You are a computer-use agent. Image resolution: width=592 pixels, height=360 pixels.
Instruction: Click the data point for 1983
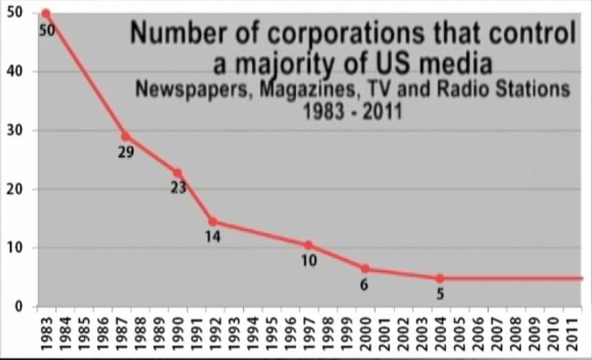coord(45,13)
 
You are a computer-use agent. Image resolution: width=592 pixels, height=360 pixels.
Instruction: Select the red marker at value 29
coord(125,136)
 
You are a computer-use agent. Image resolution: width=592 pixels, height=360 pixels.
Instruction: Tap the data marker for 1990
coord(177,173)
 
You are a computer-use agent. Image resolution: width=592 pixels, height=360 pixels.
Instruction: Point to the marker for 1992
coord(213,222)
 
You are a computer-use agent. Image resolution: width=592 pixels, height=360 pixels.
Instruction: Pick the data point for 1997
coord(308,245)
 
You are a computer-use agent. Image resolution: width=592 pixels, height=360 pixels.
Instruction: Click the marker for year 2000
coord(365,268)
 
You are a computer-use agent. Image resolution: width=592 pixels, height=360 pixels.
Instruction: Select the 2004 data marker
coord(440,278)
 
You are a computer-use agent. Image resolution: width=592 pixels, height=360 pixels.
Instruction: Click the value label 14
coord(213,237)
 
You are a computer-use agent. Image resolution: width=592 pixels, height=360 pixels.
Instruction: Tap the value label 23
coord(178,187)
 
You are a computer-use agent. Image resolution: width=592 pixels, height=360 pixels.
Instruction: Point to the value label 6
coord(364,284)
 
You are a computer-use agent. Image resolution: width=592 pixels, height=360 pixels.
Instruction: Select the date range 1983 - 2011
coord(352,111)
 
